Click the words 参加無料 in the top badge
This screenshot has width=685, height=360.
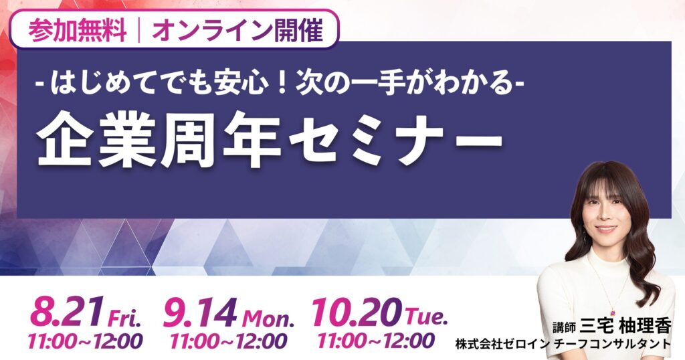78,31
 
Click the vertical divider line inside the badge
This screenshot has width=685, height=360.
139,31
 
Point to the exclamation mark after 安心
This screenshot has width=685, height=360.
281,82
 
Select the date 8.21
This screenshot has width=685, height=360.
67,312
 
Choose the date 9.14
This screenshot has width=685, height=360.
199,312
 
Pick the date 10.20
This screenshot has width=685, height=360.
355,312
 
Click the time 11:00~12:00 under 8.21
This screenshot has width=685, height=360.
85,341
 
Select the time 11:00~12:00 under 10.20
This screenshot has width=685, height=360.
376,341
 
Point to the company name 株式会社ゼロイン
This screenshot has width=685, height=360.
502,345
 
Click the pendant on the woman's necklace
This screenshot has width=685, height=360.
613,312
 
